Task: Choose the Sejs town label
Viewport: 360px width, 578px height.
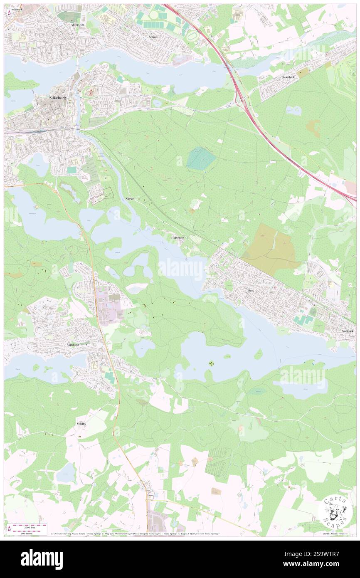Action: click(x=250, y=291)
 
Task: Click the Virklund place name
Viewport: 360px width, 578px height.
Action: click(x=72, y=345)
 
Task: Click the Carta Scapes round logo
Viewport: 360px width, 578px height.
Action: click(x=335, y=511)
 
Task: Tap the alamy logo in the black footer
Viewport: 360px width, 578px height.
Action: click(x=42, y=558)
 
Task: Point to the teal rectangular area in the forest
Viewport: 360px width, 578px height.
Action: click(x=201, y=159)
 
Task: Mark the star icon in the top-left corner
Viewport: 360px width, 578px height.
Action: click(x=10, y=13)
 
